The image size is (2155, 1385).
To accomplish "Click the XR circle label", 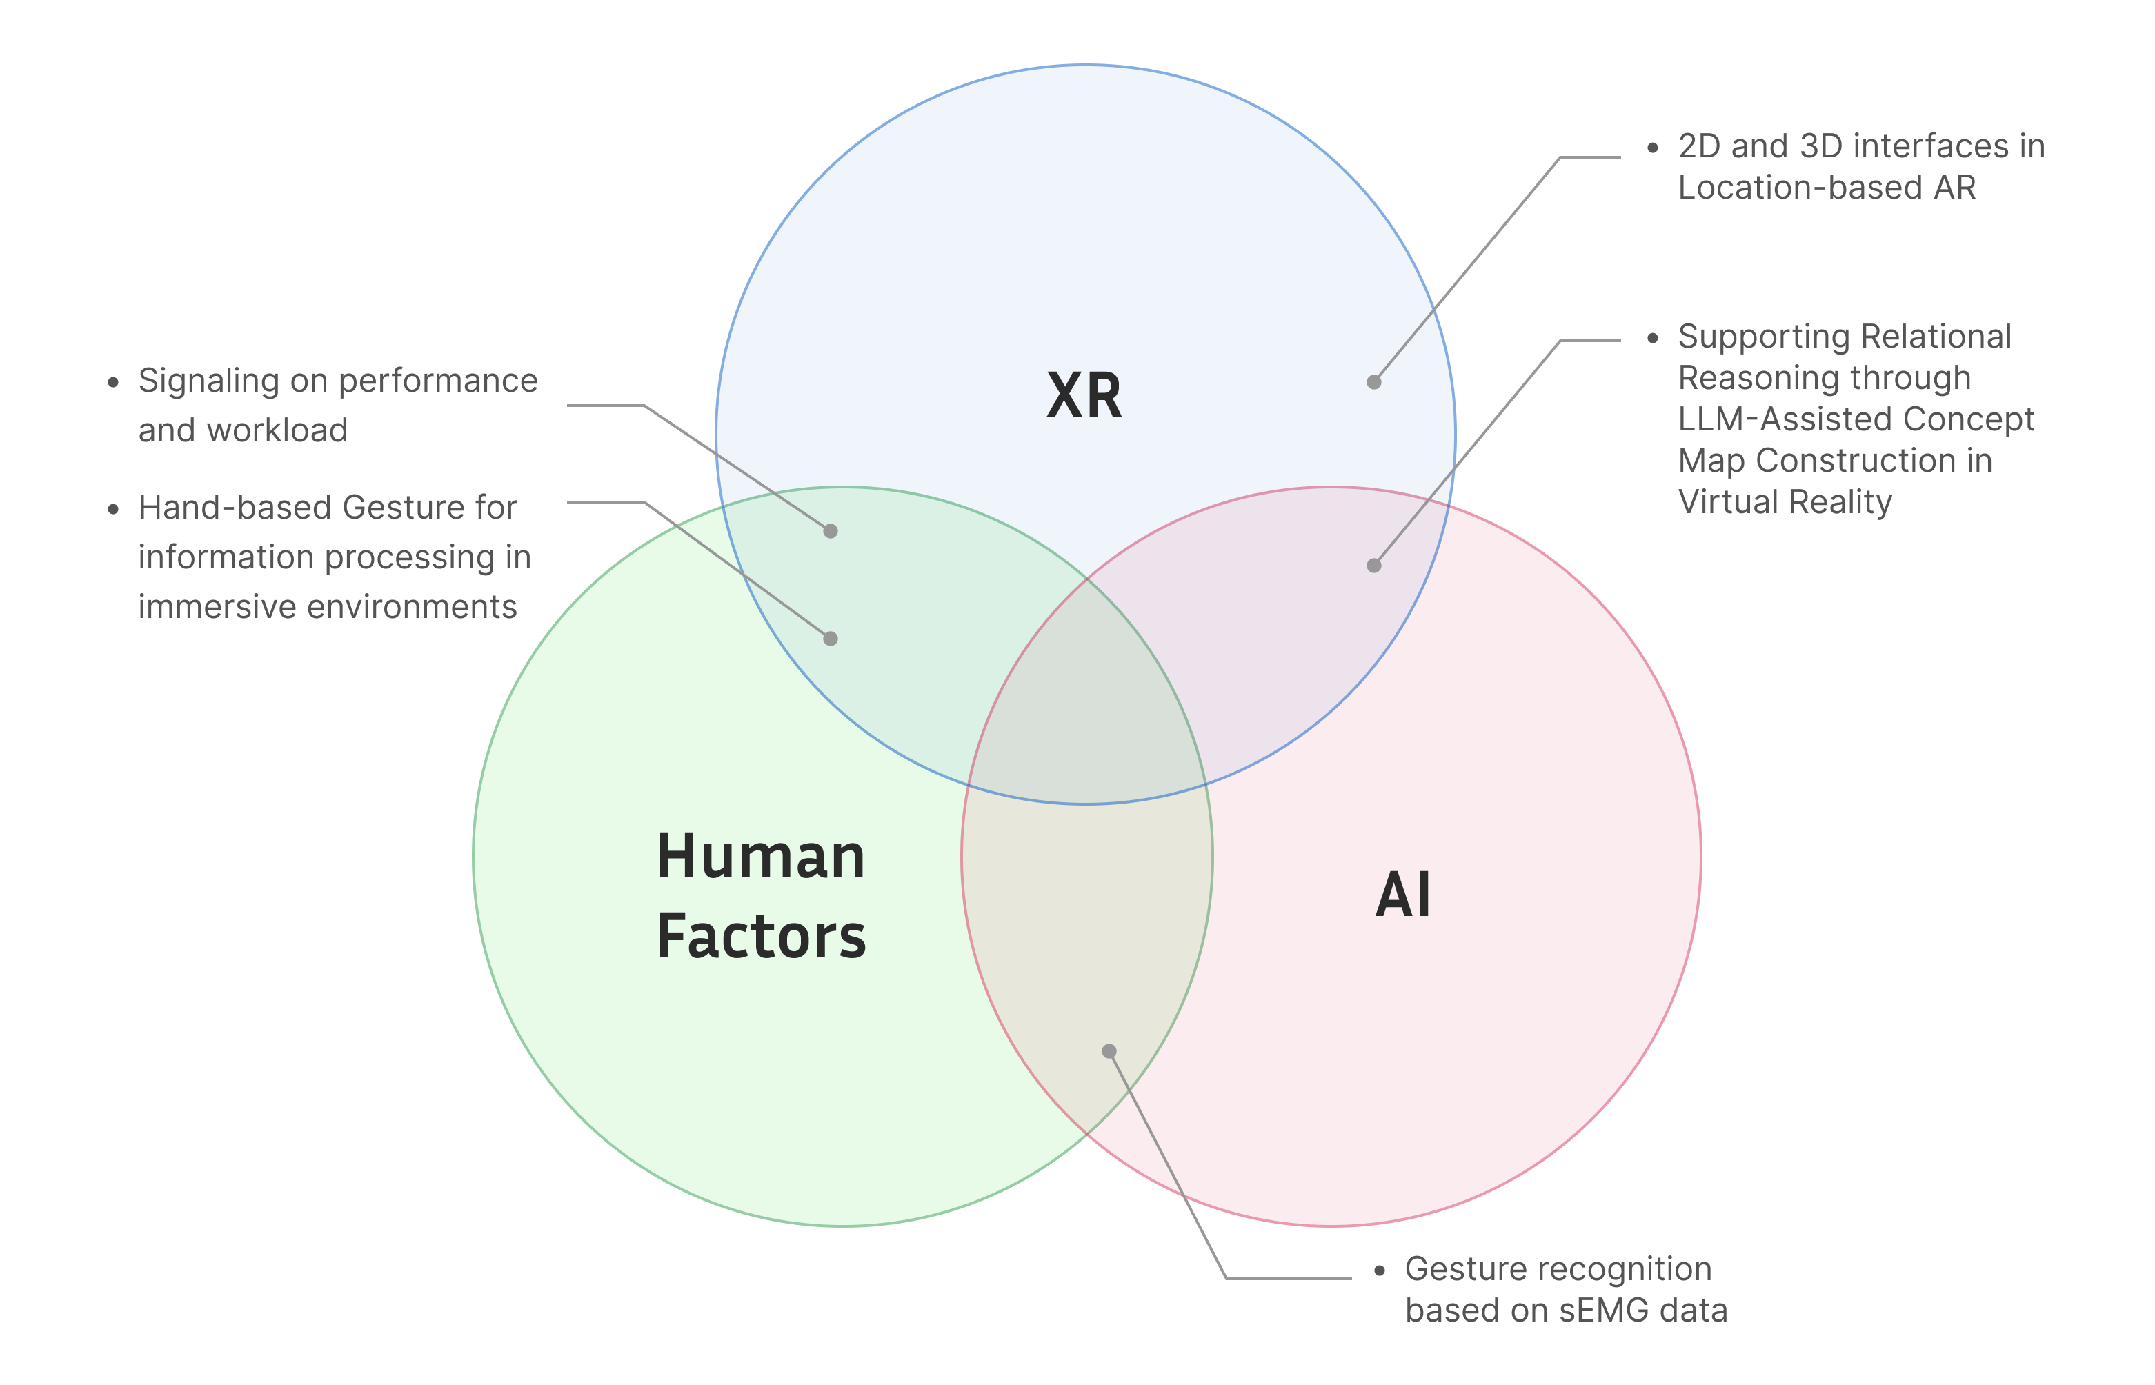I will [1084, 396].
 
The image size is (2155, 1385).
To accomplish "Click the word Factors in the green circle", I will [761, 937].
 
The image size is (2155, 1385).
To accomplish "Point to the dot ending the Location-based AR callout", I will [1373, 382].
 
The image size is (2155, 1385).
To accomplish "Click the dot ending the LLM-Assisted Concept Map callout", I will [1373, 566].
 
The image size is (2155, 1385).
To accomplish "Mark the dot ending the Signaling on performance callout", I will [830, 532].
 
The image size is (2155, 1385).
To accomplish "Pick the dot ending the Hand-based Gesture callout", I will [830, 639].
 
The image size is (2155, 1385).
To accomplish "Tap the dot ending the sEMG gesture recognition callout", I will [1109, 1051].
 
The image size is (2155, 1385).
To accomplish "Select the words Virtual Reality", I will [1785, 502].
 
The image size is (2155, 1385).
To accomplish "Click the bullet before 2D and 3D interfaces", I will [1652, 148].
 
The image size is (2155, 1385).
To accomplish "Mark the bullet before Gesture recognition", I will [1379, 1271].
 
